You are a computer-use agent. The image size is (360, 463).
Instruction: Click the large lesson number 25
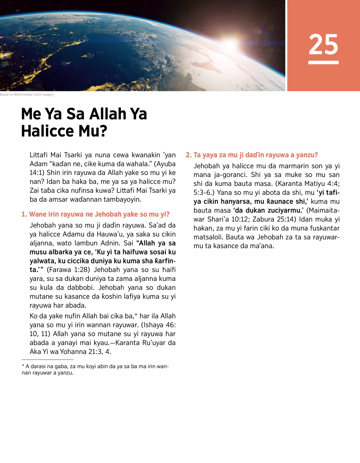(x=323, y=44)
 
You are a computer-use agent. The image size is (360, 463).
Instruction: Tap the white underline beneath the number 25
(x=323, y=62)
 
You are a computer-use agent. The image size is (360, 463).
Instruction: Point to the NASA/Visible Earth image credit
(x=27, y=95)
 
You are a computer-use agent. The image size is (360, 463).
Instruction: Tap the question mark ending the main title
(x=103, y=131)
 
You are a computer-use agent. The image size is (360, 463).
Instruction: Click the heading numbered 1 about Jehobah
(x=95, y=214)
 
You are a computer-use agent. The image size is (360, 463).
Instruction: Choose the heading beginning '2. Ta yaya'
(x=252, y=155)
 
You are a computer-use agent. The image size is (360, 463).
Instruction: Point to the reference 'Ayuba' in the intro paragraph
(x=166, y=164)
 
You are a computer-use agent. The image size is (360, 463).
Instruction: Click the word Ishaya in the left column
(x=153, y=325)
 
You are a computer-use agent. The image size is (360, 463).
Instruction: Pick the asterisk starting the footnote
(x=23, y=366)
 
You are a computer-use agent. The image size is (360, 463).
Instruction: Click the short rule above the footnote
(x=47, y=359)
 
